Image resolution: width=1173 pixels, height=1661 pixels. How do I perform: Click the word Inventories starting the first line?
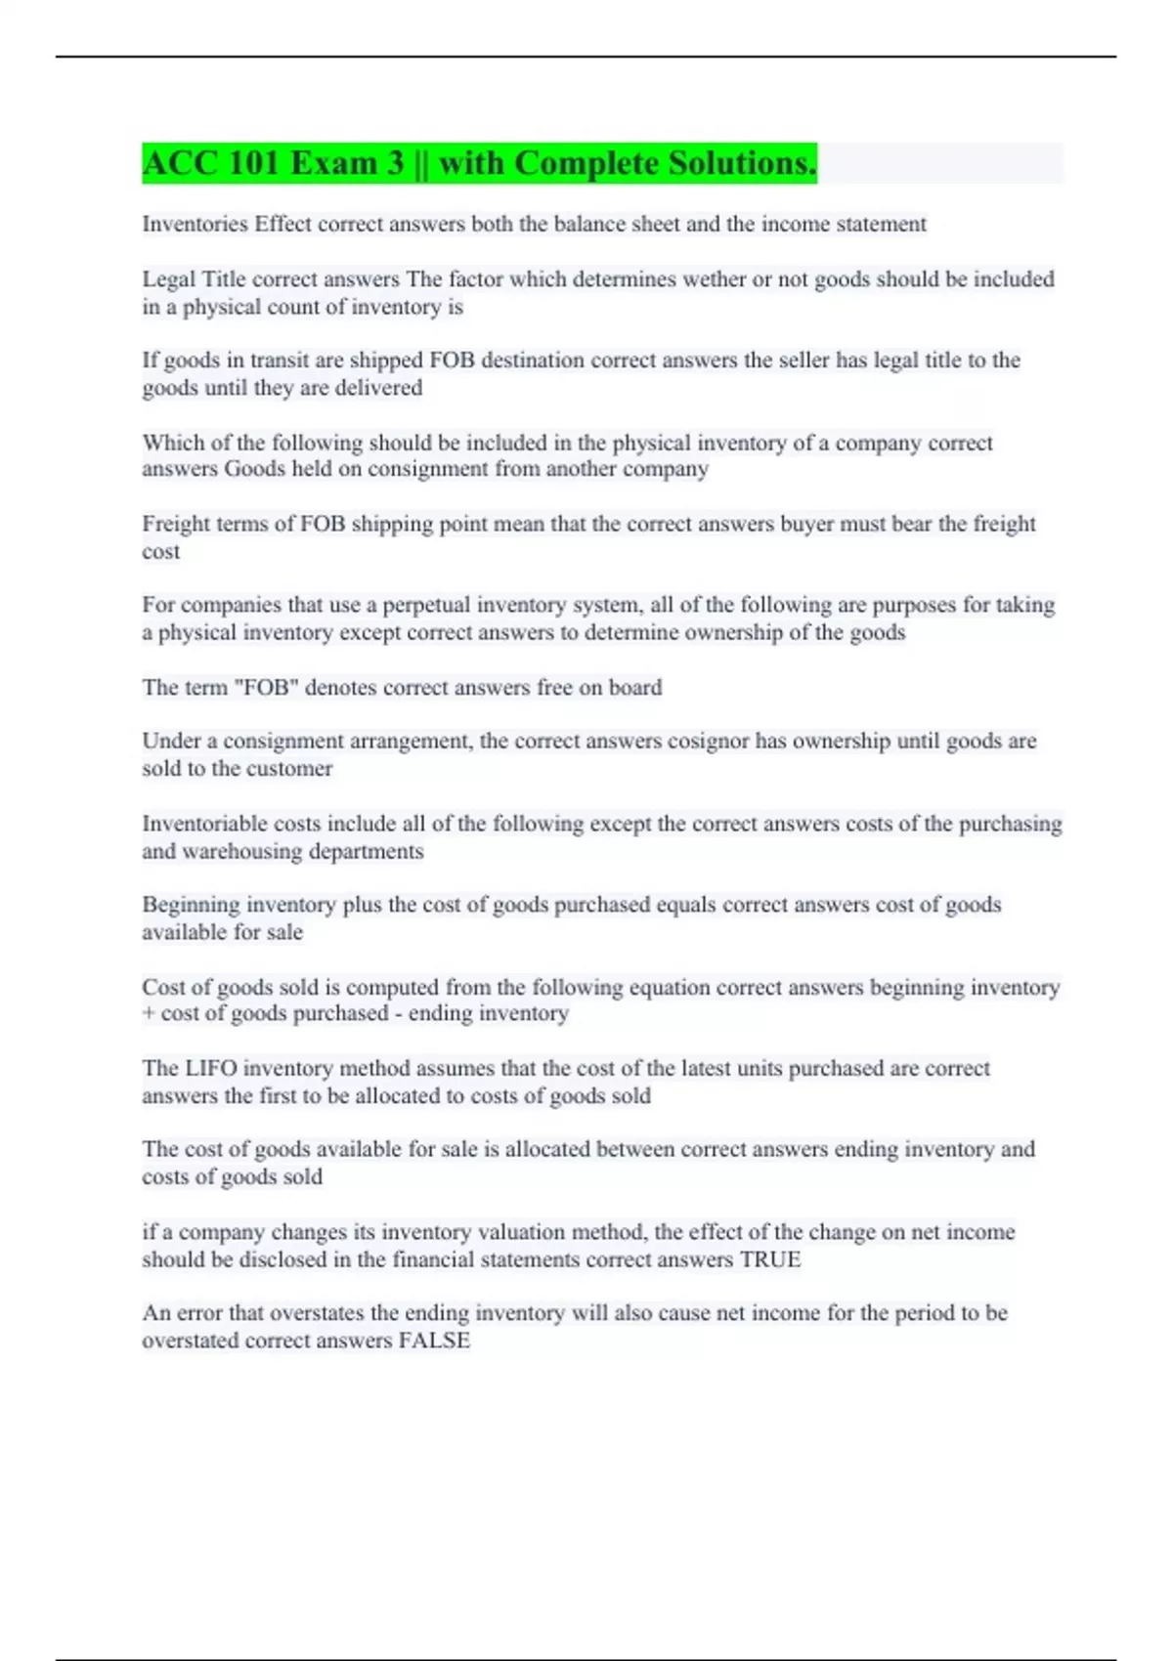[195, 224]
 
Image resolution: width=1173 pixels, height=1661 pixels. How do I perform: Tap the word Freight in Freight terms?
[175, 524]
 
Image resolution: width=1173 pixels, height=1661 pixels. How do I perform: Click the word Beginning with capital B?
[190, 905]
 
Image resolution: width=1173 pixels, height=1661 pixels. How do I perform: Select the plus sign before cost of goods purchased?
[149, 1013]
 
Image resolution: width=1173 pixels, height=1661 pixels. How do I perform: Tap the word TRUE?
[770, 1259]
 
